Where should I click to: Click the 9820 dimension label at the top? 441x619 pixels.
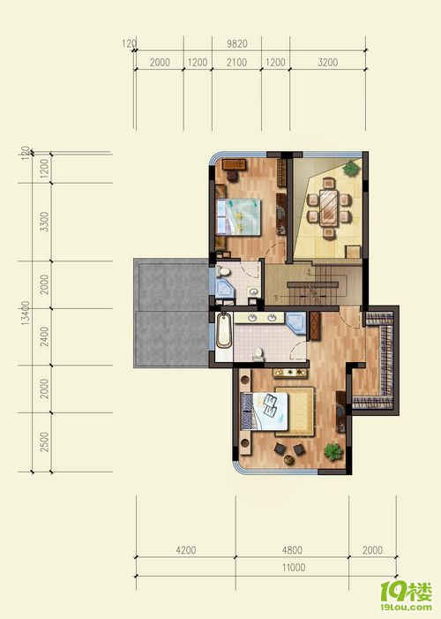pos(237,44)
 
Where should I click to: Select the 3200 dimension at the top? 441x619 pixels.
pos(327,63)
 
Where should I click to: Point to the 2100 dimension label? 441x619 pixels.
pos(236,63)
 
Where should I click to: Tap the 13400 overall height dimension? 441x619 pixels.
pos(26,313)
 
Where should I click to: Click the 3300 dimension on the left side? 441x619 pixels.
pos(45,222)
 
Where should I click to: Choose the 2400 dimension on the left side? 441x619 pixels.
pos(45,336)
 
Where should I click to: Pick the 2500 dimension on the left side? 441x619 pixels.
pos(45,442)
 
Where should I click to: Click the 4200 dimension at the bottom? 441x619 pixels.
pos(186,550)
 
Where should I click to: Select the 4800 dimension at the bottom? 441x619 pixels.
pos(292,550)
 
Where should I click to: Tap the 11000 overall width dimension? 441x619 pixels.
pos(294,568)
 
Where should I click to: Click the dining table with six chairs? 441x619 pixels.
pos(329,208)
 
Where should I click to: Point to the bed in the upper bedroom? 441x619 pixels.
pos(239,216)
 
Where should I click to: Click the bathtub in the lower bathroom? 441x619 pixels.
pos(224,330)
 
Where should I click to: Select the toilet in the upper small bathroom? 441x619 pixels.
pos(223,271)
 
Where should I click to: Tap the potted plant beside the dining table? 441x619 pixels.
pos(351,169)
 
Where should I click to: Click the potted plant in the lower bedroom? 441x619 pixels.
pos(333,451)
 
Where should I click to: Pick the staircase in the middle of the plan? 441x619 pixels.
pos(314,284)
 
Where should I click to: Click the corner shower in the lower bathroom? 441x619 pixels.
pos(296,323)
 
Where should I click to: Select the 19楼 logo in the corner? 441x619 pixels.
pos(407,596)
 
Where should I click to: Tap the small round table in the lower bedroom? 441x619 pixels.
pos(289,459)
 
